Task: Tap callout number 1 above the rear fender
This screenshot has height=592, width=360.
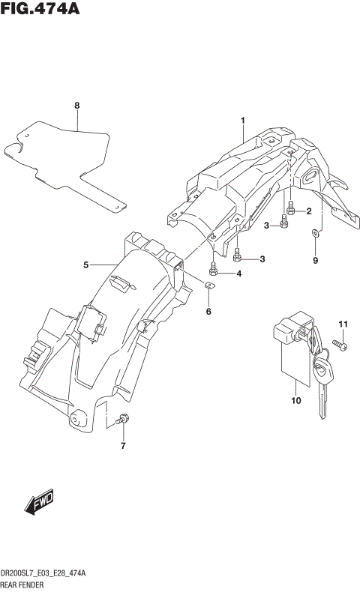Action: point(243,120)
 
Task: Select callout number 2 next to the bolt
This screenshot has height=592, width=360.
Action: point(308,212)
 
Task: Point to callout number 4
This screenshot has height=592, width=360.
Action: point(238,274)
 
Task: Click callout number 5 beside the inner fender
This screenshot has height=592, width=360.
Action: point(86,265)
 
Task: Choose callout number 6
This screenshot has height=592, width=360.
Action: point(208,311)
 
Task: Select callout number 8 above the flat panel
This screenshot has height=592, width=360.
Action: point(76,106)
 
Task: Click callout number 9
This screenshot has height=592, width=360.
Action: point(316,260)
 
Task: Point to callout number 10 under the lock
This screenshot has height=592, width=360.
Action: point(295,401)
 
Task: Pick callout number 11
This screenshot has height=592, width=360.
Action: point(344,323)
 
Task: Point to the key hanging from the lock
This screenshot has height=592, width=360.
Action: point(322,378)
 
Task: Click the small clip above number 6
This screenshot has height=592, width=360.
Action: point(210,285)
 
